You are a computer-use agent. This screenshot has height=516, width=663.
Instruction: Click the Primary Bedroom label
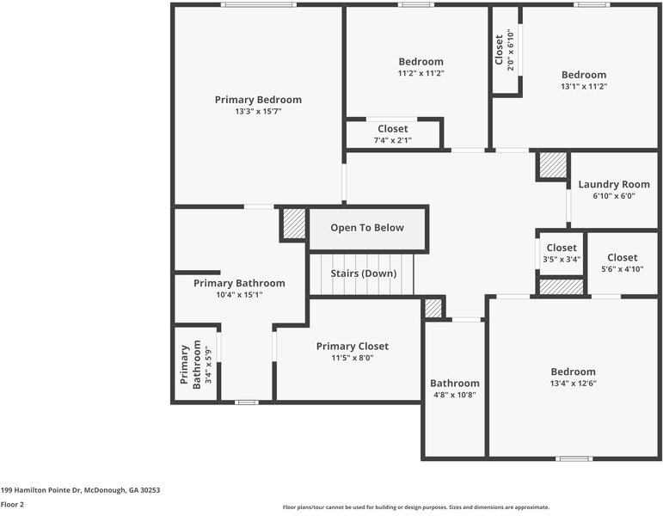tap(258, 100)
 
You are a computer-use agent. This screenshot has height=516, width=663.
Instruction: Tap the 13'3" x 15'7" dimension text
tap(258, 112)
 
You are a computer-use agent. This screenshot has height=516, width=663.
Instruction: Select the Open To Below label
tap(367, 228)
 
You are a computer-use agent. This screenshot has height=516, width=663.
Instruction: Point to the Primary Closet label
tap(352, 346)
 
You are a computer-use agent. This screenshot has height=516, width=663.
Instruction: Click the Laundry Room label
tap(613, 184)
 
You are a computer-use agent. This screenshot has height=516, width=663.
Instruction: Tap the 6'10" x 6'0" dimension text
tap(613, 196)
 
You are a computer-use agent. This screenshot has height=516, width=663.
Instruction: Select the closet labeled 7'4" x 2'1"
tap(392, 134)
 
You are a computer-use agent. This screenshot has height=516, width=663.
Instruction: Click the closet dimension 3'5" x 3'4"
tap(562, 259)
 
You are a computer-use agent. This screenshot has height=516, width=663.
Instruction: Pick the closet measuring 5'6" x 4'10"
tap(622, 263)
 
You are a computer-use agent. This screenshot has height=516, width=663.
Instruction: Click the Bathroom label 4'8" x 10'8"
tap(455, 389)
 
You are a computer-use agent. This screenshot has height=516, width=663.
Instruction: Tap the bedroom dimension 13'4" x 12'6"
tap(573, 384)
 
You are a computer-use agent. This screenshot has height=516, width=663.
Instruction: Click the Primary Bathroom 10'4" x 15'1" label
tap(239, 288)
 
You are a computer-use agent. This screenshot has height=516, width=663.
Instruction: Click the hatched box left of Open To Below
tap(294, 224)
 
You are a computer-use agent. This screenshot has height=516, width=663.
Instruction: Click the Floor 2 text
tap(12, 505)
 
